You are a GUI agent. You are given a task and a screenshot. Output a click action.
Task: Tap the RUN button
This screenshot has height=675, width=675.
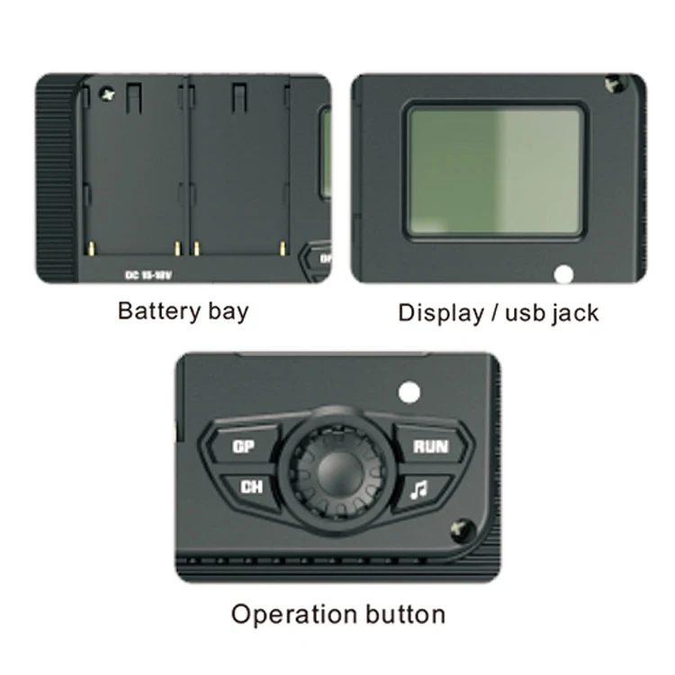(430, 446)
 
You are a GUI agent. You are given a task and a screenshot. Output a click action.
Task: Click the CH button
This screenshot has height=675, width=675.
(251, 487)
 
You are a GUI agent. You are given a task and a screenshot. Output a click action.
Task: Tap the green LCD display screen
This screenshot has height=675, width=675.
(495, 171)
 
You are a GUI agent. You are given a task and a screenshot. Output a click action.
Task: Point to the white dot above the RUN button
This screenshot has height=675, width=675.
(409, 391)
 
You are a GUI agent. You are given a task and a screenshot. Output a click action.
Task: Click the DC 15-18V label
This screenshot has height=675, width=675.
(148, 274)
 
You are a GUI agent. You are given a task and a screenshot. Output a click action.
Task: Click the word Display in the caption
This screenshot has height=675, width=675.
(440, 313)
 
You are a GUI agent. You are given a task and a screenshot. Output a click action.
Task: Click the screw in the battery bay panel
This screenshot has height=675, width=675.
(110, 92)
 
